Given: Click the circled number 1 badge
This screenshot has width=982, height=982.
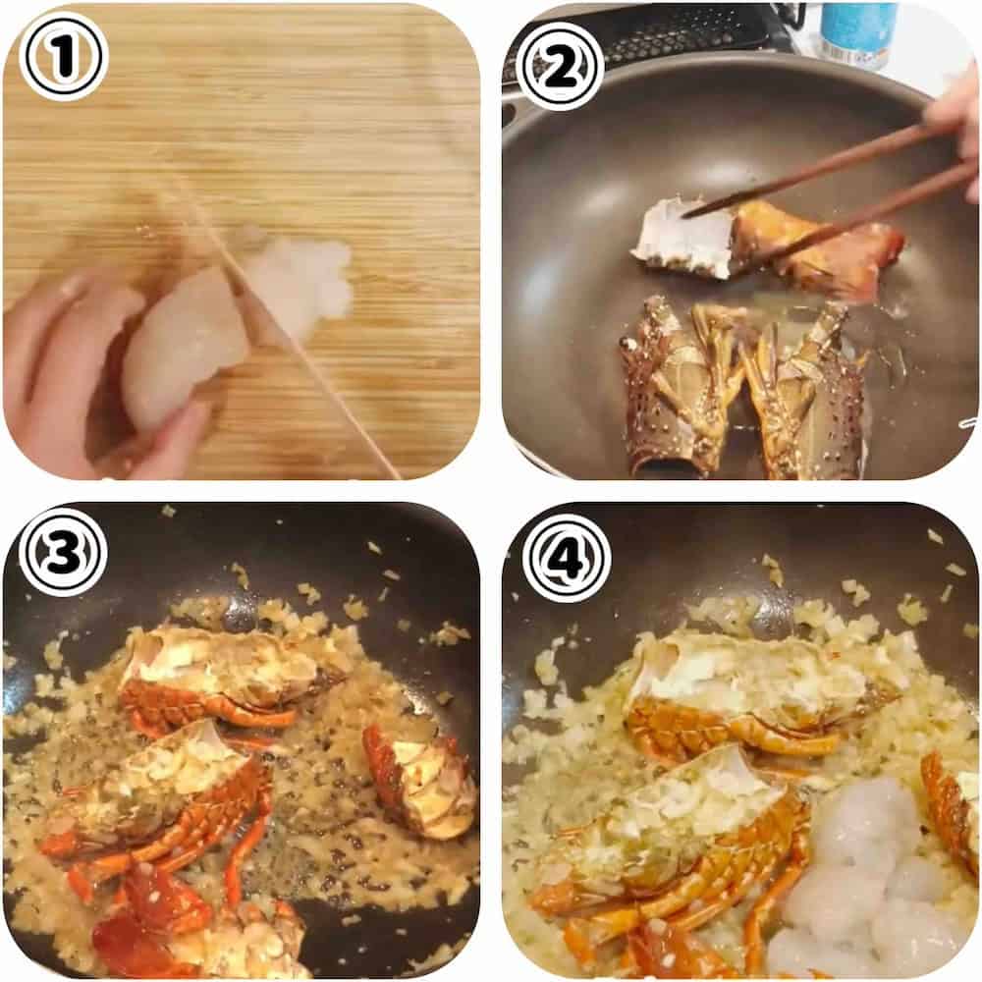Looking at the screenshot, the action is point(63,57).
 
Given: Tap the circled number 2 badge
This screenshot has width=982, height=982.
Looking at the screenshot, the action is point(563,66).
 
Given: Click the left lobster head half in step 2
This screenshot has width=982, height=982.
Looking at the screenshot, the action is point(680,385).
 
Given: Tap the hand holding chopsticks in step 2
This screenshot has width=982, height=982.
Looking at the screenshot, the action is point(955,126).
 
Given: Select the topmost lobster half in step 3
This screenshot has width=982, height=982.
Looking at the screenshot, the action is point(226,680).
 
